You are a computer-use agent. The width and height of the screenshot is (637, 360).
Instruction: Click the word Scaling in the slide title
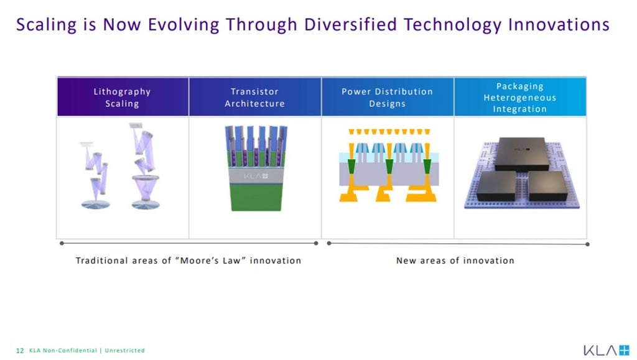(x=46, y=25)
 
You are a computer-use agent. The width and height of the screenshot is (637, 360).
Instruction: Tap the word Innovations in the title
(x=559, y=24)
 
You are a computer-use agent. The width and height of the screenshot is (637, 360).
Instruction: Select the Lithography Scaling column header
(x=123, y=97)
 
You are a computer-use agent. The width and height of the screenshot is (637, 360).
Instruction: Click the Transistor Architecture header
(x=255, y=97)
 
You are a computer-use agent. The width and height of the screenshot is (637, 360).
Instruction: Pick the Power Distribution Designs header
(x=388, y=97)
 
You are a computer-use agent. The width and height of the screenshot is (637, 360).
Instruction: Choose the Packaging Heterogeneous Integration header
(x=520, y=97)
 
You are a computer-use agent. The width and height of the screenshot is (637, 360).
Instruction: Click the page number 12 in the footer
(x=20, y=350)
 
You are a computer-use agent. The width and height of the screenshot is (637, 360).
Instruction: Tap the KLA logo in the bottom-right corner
(x=606, y=350)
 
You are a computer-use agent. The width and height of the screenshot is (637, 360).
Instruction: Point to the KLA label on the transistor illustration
(x=256, y=176)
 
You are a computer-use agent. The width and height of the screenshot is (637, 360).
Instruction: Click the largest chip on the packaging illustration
(x=522, y=154)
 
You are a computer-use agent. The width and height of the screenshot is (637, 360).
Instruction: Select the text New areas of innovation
(x=455, y=261)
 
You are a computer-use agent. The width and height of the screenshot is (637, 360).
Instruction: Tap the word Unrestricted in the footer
(x=124, y=350)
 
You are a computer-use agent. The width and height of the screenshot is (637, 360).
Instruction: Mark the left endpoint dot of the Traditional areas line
(x=62, y=243)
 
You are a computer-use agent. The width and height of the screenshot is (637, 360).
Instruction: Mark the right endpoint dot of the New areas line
(x=587, y=244)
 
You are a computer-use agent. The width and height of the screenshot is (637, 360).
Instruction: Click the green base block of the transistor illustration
(x=256, y=197)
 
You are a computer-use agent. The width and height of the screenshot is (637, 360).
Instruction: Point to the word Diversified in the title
(x=350, y=24)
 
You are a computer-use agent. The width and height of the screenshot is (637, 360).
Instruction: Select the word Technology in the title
(x=453, y=25)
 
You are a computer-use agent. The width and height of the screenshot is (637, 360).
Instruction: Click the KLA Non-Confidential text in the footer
(x=63, y=350)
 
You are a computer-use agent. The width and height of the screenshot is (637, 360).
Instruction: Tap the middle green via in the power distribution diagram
(x=389, y=167)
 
